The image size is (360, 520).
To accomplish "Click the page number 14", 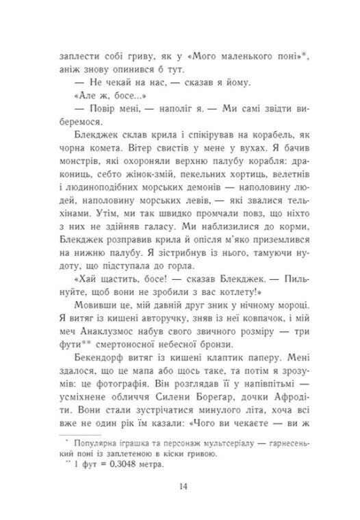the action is (181, 487).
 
